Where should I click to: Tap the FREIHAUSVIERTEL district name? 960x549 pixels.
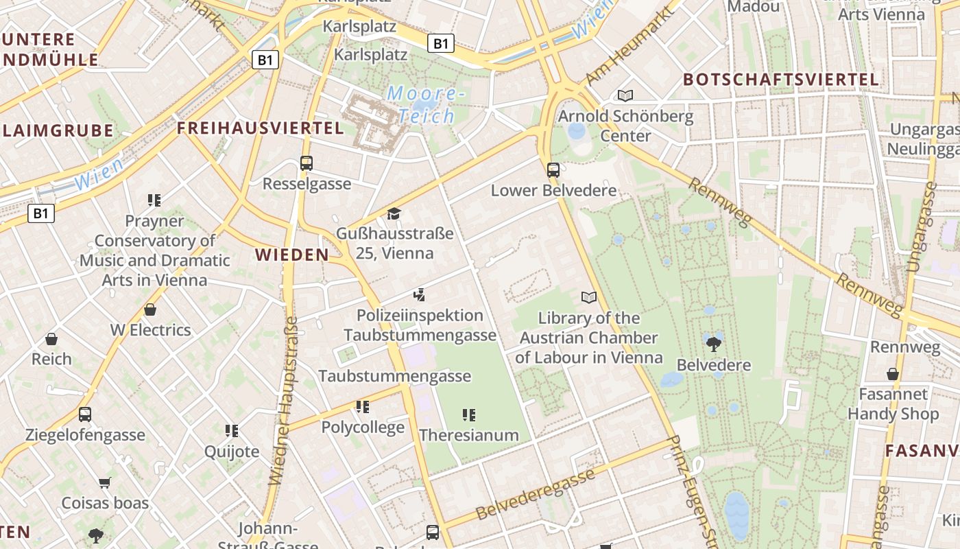[x=261, y=128]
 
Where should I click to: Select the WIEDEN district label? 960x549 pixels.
[x=292, y=255]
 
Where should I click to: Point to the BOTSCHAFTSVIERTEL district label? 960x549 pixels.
[x=781, y=80]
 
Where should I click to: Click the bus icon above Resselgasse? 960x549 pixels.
[x=307, y=163]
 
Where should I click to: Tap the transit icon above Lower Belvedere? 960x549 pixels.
[x=553, y=170]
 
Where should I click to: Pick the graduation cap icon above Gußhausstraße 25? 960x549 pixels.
[x=394, y=214]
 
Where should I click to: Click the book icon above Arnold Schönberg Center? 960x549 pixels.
[x=625, y=95]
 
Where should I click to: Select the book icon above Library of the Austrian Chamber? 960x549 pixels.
[x=588, y=297]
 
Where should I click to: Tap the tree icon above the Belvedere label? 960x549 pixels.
[x=713, y=344]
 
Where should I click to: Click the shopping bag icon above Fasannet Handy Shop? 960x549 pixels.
[x=892, y=374]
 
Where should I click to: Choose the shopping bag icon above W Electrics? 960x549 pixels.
[x=150, y=309]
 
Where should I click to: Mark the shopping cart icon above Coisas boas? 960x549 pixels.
[x=105, y=482]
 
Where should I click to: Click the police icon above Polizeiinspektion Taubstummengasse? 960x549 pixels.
[x=419, y=295]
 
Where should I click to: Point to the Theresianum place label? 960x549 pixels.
[x=469, y=435]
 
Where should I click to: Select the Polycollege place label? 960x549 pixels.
[x=363, y=428]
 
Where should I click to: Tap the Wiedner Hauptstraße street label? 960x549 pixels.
[x=284, y=401]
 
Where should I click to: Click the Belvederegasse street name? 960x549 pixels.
[x=536, y=494]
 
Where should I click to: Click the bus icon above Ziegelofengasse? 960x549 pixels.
[x=85, y=414]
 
